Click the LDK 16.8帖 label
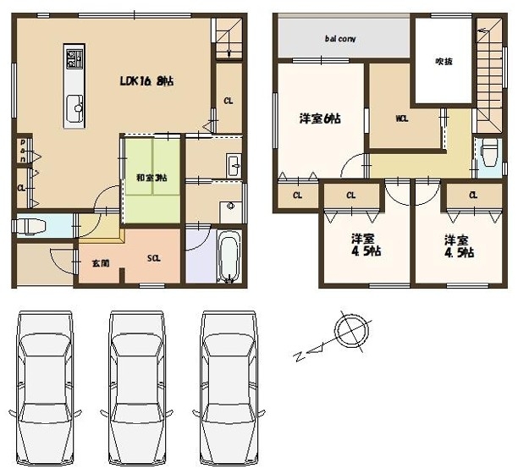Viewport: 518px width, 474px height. point(146,81)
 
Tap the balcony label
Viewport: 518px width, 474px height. point(340,39)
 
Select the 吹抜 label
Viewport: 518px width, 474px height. point(444,62)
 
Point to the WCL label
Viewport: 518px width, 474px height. point(402,118)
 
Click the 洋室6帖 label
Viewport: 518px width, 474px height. point(320,118)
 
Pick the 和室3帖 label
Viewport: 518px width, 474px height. point(152,178)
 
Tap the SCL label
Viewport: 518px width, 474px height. point(154,258)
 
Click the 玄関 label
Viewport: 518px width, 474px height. point(101,263)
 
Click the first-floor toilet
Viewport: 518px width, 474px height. point(30,226)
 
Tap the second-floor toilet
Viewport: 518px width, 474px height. point(489,152)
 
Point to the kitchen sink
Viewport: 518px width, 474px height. point(75,107)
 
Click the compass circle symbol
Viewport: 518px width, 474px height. point(351,331)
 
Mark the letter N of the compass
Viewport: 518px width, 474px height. point(300,356)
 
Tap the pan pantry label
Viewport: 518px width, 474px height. point(23,151)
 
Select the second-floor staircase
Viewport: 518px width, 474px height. point(489,75)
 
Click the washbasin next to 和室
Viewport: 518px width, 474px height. point(234,166)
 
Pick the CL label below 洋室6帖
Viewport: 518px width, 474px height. point(297,196)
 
